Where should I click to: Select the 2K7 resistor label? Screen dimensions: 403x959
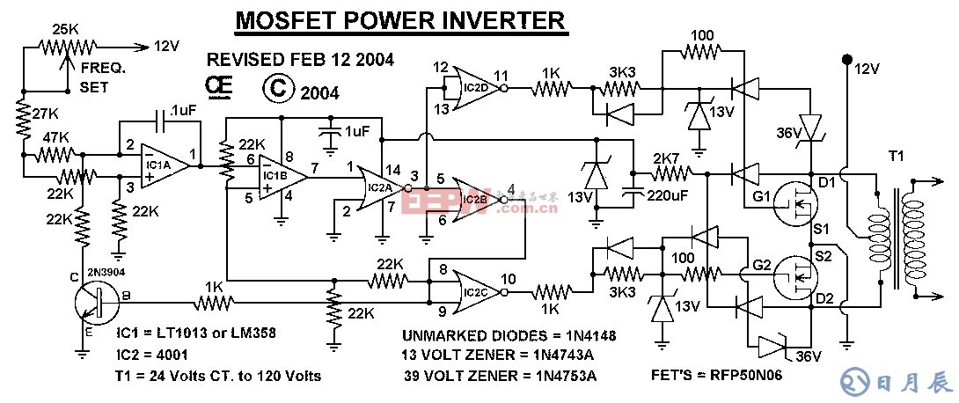666,158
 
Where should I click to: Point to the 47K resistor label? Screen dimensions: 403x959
55,139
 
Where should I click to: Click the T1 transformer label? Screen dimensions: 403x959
896,155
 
